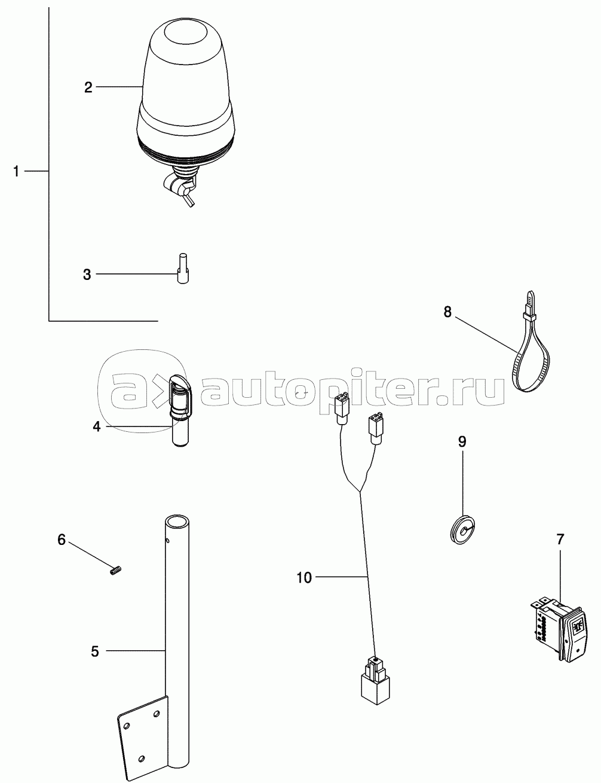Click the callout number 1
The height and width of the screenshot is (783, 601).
pos(16,172)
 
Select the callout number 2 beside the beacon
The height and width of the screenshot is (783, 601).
pos(88,87)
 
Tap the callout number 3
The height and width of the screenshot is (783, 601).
pos(87,275)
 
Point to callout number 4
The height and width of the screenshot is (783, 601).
pos(96,427)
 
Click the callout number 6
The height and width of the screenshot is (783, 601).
pos(62,540)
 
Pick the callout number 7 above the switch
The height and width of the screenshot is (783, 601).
pos(560,540)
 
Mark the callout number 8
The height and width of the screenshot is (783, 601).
pos(447,312)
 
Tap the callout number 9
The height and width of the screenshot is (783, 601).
pos(462,442)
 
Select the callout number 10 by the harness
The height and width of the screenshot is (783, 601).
pos(304,578)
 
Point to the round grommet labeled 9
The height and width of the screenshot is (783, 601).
pos(462,529)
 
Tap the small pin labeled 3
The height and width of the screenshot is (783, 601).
pos(183,269)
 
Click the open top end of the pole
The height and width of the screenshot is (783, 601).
pos(177,522)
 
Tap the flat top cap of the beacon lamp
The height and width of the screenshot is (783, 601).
pos(185,30)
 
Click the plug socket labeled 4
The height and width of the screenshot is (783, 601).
pos(179,411)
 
